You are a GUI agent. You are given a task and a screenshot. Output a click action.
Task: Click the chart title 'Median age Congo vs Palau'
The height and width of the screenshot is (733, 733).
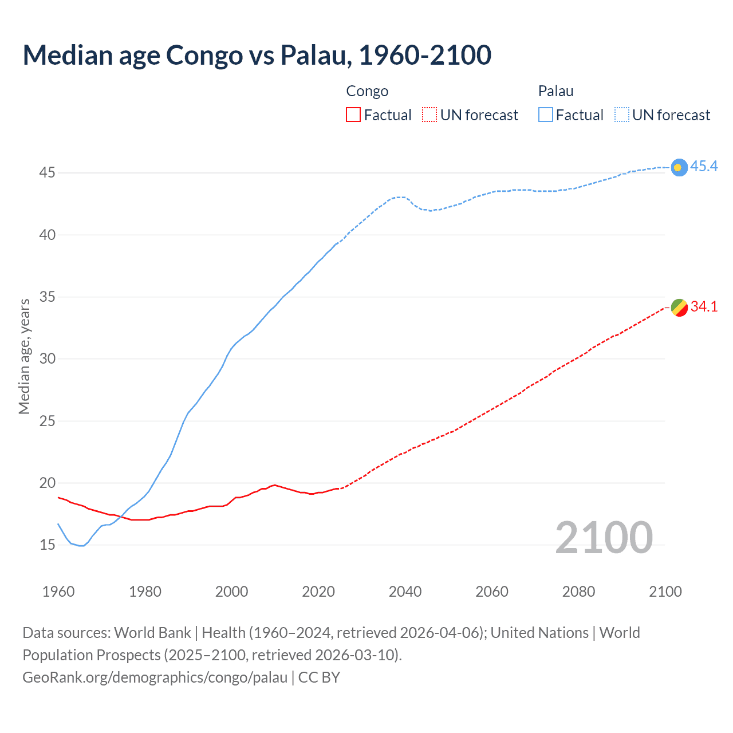click(257, 55)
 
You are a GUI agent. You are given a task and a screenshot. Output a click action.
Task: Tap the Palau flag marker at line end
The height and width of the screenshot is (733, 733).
click(679, 167)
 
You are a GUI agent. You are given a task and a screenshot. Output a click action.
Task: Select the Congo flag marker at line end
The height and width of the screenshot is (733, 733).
click(679, 308)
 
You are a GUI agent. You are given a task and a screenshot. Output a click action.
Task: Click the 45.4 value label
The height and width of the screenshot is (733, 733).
click(704, 166)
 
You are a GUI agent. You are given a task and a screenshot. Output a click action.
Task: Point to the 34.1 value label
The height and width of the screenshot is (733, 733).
click(704, 307)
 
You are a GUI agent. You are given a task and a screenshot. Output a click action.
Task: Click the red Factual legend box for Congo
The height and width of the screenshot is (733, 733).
click(353, 115)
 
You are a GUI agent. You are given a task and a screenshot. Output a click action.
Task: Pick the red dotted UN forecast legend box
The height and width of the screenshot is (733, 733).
click(429, 115)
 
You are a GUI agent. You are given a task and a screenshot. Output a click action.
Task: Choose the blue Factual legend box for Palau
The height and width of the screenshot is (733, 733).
click(545, 115)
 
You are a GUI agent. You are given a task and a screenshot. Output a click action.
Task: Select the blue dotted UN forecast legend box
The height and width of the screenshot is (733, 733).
click(621, 115)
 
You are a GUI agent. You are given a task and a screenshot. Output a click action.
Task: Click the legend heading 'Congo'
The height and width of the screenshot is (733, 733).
click(367, 91)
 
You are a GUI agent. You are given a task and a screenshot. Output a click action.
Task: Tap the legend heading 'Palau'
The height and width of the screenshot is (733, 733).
click(555, 91)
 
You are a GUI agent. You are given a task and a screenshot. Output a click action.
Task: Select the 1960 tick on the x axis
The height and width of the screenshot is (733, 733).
click(58, 592)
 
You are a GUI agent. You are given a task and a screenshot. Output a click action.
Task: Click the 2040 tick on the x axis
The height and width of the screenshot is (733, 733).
click(405, 592)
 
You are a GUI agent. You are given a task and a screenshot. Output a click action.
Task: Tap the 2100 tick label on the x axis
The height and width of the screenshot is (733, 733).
click(665, 592)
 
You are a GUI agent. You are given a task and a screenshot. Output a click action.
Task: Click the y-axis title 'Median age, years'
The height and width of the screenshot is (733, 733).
click(24, 356)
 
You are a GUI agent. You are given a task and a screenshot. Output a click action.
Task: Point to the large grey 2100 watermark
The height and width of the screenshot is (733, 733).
click(604, 538)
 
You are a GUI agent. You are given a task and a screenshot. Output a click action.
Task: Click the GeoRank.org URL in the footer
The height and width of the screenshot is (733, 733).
click(155, 677)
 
